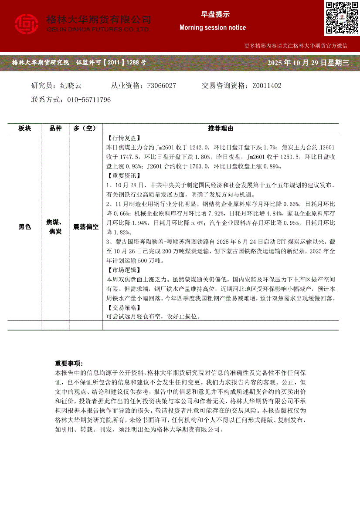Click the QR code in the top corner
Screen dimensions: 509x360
coord(341,18)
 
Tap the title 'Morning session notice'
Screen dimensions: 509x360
coord(213,27)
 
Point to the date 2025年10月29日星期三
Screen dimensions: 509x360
coord(308,63)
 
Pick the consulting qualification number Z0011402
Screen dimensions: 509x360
coord(267,86)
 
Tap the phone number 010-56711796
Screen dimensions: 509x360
coord(89,100)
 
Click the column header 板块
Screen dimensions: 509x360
coord(25,128)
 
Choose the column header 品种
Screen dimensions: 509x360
coord(55,128)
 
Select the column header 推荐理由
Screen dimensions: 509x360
coord(221,128)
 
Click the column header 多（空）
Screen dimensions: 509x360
coord(85,128)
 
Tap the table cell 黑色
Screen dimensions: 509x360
coord(25,227)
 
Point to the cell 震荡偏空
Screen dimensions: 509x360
coord(85,227)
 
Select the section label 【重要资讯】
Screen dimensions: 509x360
coord(122,176)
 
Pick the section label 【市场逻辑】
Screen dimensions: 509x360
coord(122,270)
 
